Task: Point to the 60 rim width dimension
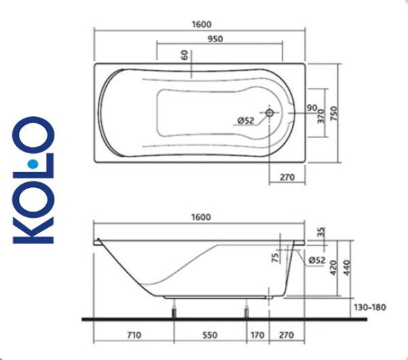tap(184, 54)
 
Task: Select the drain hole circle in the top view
tap(269, 113)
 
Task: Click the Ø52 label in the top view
tap(245, 121)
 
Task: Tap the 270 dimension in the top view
tap(286, 178)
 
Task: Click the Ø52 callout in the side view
tap(316, 259)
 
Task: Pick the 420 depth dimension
tap(333, 268)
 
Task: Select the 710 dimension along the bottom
tap(133, 335)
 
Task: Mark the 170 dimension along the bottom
tap(257, 335)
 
